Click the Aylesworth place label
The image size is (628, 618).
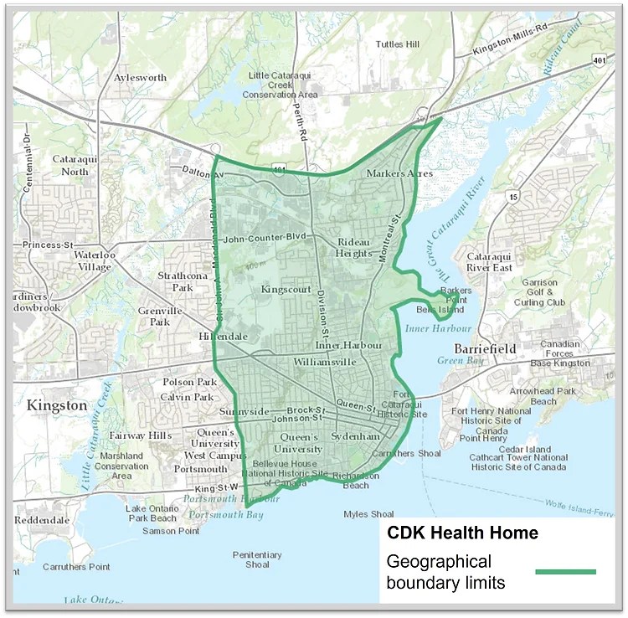click(x=140, y=78)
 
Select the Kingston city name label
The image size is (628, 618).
click(x=57, y=405)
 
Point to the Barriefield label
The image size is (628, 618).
click(x=485, y=348)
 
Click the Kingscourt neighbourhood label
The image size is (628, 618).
click(x=286, y=289)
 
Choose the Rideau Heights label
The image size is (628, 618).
click(x=355, y=247)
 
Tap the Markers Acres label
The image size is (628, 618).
click(x=399, y=173)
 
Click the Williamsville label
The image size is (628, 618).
click(x=324, y=362)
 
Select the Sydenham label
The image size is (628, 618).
click(x=356, y=437)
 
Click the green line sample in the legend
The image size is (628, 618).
click(x=565, y=572)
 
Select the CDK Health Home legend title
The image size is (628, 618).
click(x=461, y=533)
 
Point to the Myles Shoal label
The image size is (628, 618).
click(x=368, y=514)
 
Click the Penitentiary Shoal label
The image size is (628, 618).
click(x=257, y=559)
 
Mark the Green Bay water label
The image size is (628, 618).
click(x=456, y=361)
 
